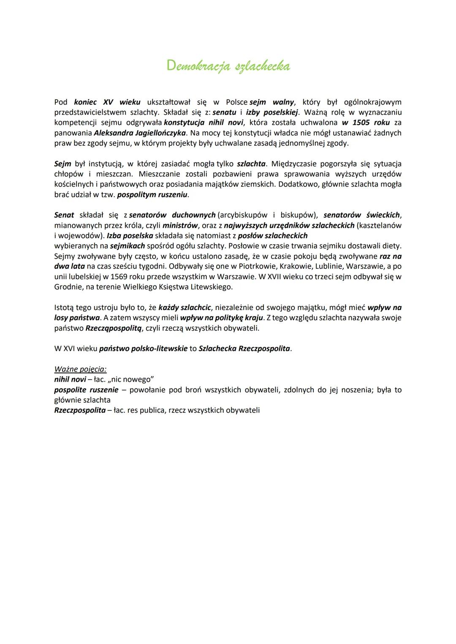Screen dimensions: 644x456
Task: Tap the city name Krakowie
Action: click(x=296, y=267)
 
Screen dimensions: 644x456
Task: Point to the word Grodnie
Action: click(x=67, y=287)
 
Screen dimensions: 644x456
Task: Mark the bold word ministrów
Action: click(x=180, y=225)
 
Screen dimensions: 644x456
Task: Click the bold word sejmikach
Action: click(x=127, y=246)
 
